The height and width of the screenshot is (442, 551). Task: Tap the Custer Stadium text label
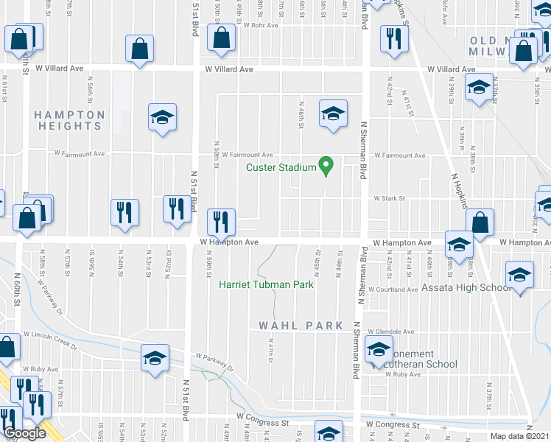[x=281, y=168]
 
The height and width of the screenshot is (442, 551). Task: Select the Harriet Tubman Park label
[x=266, y=284]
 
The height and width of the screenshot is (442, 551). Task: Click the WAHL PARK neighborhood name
[x=301, y=326]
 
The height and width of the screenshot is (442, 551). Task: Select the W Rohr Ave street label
[x=263, y=25]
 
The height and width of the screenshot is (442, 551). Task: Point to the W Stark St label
[x=386, y=198]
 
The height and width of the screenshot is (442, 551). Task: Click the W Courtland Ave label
[x=396, y=290]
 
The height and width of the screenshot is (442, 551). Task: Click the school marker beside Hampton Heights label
[x=162, y=118]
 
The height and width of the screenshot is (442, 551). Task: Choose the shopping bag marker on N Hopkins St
[x=480, y=222]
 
